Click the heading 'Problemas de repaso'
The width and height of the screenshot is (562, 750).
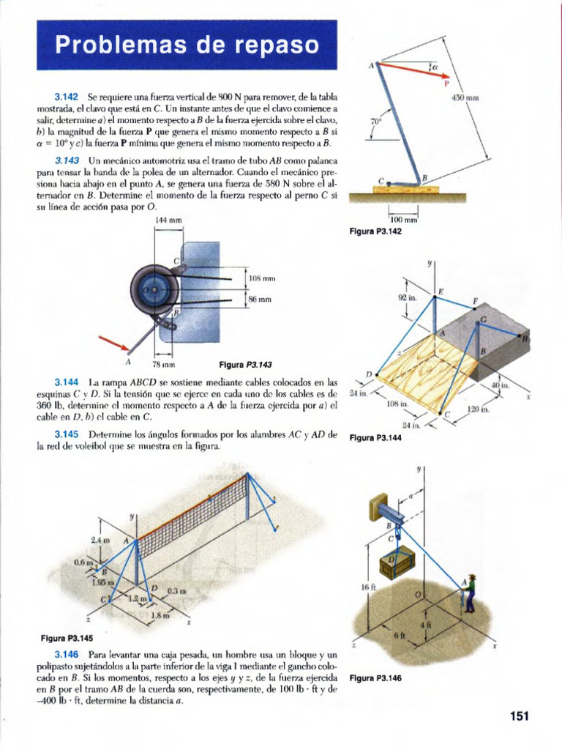point(187,45)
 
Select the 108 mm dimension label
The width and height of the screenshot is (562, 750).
point(261,278)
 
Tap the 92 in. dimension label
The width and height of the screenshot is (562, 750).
point(407,297)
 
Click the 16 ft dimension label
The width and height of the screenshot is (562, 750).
point(368,587)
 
